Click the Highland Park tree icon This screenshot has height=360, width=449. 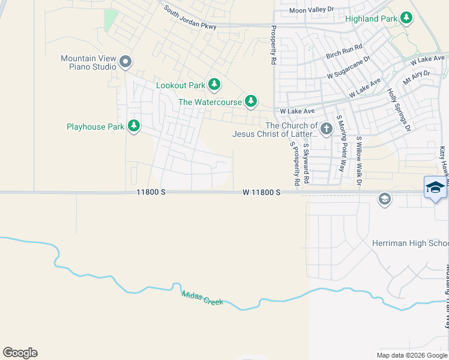tap(406, 18)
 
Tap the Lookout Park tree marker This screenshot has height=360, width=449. tap(213, 85)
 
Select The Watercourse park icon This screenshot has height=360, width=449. tap(251, 101)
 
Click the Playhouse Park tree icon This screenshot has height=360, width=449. tap(134, 126)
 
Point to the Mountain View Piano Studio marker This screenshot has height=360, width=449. tap(125, 62)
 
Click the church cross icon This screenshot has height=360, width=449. tap(326, 128)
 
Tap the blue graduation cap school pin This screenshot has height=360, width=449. tap(435, 188)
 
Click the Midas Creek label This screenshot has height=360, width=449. tap(202, 297)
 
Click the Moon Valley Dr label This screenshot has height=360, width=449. tap(311, 10)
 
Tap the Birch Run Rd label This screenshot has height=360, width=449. tap(344, 51)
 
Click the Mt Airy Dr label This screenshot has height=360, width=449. tap(417, 77)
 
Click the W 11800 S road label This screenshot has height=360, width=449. tap(262, 192)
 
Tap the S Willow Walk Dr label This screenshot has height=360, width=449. tap(360, 160)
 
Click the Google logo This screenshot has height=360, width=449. tap(20, 353)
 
